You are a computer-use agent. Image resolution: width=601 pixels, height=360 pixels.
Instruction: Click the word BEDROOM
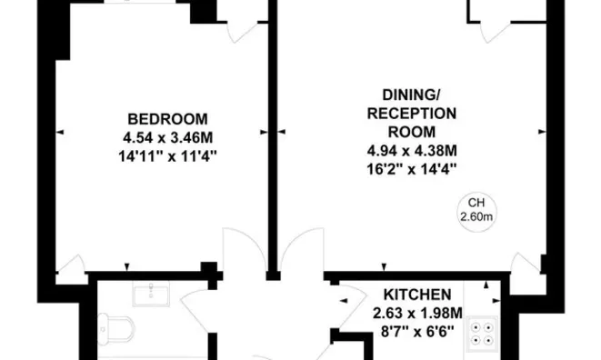point(167,119)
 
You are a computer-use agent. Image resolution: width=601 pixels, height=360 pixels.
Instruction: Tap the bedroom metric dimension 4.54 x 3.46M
point(167,137)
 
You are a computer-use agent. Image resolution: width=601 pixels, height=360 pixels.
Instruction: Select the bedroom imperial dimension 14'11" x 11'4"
point(167,156)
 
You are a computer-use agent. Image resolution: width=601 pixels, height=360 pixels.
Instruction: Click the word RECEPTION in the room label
point(412,114)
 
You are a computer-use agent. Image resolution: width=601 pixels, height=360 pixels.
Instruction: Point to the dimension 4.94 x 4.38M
point(412,151)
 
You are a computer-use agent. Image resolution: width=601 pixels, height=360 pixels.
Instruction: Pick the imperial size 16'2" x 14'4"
point(412,169)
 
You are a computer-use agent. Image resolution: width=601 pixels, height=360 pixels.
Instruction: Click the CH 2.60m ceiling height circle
point(476,213)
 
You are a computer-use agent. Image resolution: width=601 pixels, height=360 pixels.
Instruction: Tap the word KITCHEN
point(417,295)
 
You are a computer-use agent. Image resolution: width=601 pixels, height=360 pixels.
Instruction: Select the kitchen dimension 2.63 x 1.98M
point(417,314)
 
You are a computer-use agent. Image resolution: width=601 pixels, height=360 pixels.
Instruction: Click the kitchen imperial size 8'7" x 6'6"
point(417,331)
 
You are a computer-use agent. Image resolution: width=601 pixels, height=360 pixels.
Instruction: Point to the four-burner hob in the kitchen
point(482,334)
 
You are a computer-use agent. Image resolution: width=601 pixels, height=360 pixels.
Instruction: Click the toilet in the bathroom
point(115,328)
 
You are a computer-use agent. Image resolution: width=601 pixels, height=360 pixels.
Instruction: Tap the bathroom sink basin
point(151,294)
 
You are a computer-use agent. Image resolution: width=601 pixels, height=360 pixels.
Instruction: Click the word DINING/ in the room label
point(412,95)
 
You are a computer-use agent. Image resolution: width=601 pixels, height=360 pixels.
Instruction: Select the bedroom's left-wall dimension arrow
point(60,132)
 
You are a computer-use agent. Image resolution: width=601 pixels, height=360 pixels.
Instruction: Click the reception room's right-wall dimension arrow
point(542,132)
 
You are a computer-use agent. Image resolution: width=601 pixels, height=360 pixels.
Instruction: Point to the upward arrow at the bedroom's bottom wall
point(127,267)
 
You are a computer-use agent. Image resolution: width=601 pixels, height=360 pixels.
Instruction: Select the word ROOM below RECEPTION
point(412,132)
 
